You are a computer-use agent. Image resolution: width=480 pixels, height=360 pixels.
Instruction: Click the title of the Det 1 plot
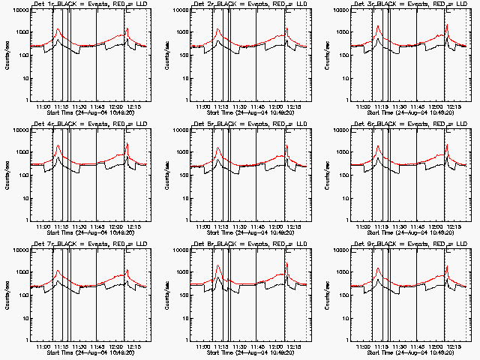[88, 5]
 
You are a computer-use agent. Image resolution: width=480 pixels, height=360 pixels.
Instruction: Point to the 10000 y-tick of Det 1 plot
[17, 10]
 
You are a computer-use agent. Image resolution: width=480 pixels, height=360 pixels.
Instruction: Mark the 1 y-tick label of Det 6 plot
[345, 220]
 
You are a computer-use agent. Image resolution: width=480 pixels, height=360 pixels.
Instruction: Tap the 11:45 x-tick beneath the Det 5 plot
[258, 226]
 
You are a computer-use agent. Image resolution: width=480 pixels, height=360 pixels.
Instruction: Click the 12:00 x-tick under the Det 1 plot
[115, 106]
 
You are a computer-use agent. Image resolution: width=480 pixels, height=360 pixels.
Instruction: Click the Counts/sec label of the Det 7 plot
[7, 295]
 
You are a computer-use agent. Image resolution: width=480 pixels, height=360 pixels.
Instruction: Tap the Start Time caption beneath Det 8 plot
[248, 352]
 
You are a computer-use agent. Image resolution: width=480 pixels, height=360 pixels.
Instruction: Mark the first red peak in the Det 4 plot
[58, 145]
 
